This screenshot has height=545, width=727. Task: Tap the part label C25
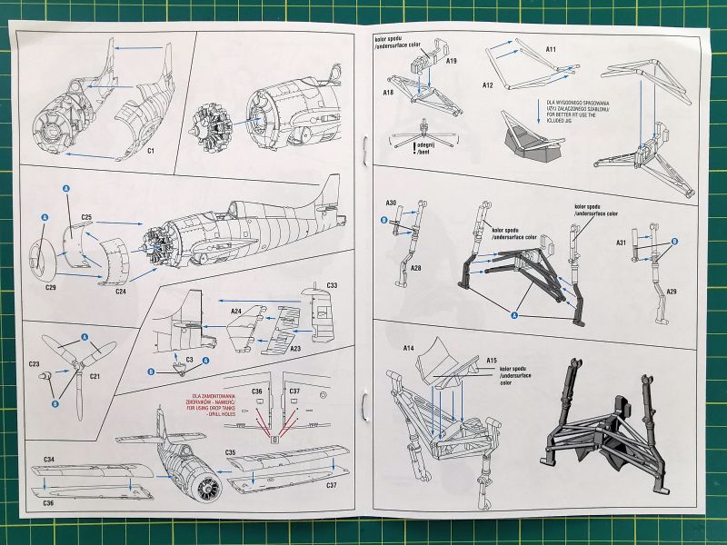[x=86, y=218]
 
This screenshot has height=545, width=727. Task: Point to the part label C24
[x=121, y=292]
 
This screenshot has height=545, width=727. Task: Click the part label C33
[x=332, y=285]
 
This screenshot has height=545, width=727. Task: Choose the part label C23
[x=35, y=363]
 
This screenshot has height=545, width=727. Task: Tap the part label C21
[x=94, y=376]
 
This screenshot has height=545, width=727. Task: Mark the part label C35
[x=232, y=451]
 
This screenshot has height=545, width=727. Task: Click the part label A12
[x=487, y=85]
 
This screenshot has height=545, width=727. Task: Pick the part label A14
[x=408, y=347]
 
